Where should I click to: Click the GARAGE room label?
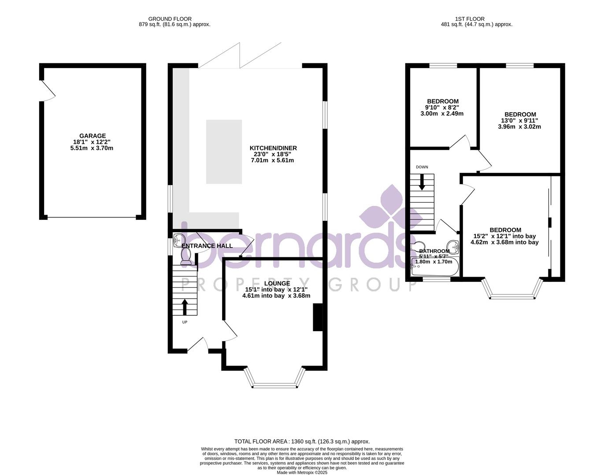point(92,136)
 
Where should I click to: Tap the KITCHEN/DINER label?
point(273,148)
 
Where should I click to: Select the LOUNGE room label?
point(277,284)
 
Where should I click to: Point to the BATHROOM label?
point(434,251)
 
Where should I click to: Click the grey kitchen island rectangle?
point(224,151)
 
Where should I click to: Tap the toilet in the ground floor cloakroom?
point(185,256)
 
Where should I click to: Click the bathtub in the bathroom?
point(434,267)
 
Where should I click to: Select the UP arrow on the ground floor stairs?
point(184,307)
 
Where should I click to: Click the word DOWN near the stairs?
point(422,167)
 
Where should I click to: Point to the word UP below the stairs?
point(185,322)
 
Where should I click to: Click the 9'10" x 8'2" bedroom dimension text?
point(442,107)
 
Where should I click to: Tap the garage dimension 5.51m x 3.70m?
point(92,148)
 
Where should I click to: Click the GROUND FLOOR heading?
point(170,19)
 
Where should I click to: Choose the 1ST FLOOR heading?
point(470,19)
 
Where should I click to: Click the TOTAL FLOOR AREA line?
point(302,441)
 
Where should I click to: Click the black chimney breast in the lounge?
point(317,317)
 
